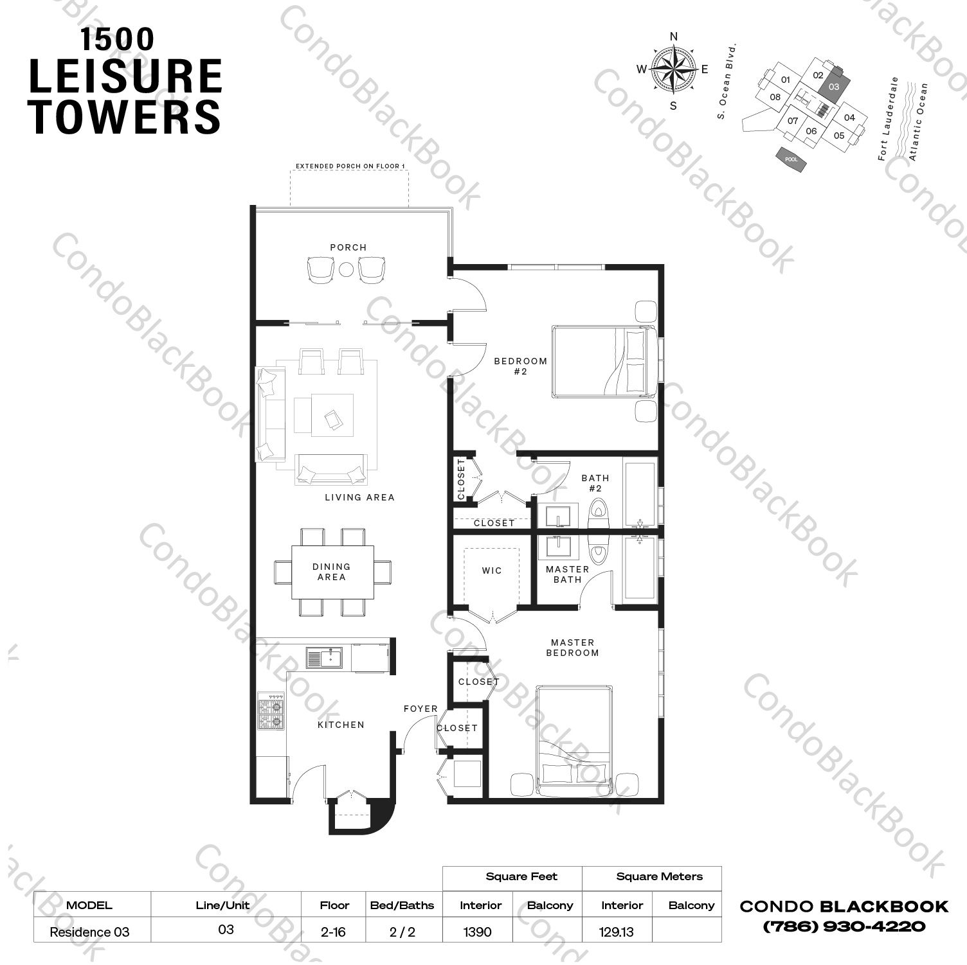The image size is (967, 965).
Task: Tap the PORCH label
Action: [348, 247]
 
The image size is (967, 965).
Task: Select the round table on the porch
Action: [347, 269]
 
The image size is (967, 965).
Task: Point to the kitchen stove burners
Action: [271, 711]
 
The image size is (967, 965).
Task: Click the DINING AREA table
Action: [332, 572]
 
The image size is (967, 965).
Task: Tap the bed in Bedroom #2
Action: [603, 362]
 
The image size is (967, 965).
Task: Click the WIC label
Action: [492, 571]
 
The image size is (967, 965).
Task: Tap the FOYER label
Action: [420, 709]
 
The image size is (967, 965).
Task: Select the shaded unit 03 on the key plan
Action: [835, 87]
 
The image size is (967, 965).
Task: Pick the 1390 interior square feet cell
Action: [477, 932]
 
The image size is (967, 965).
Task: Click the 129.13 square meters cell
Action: [616, 932]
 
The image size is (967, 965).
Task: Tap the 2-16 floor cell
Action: [333, 932]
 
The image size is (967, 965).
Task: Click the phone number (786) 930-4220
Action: [844, 926]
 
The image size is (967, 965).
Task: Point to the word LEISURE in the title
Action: [126, 76]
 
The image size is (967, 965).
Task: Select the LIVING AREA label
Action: [359, 497]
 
